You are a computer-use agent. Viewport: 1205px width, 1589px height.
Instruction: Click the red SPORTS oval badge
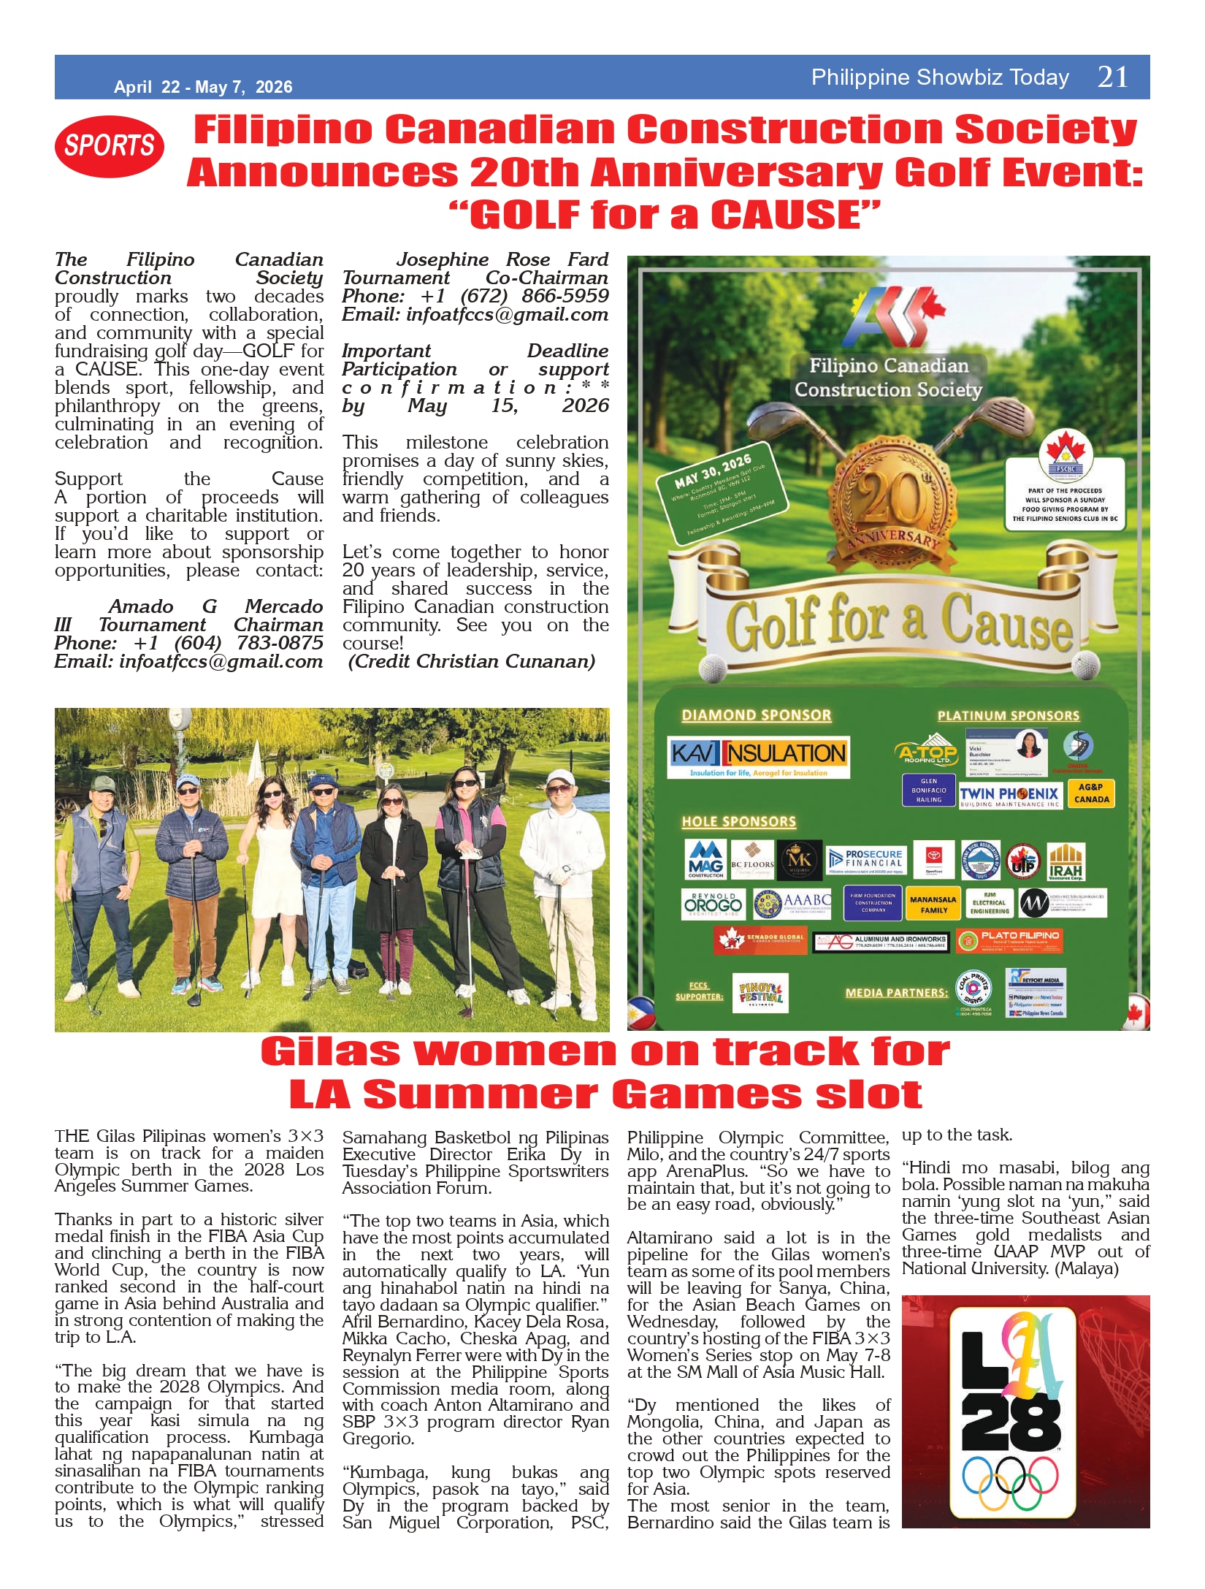coord(109,146)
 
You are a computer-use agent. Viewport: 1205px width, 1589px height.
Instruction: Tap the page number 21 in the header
coord(1112,77)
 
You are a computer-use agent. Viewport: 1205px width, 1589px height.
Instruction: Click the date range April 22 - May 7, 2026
coord(203,87)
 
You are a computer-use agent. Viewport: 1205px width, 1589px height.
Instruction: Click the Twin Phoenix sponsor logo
coord(1010,796)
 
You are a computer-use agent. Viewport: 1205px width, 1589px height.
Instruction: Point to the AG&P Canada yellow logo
coord(1091,793)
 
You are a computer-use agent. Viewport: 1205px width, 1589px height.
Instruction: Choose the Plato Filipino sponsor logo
coord(1009,940)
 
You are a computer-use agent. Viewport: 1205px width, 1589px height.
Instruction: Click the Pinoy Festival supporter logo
coord(760,993)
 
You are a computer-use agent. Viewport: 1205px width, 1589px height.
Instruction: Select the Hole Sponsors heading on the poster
coord(738,822)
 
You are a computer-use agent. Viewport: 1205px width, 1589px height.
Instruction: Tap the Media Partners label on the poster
coord(896,992)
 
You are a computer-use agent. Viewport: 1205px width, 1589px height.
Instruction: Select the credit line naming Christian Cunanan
coord(472,661)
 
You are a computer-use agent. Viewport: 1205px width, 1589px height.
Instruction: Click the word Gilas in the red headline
coord(330,1053)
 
